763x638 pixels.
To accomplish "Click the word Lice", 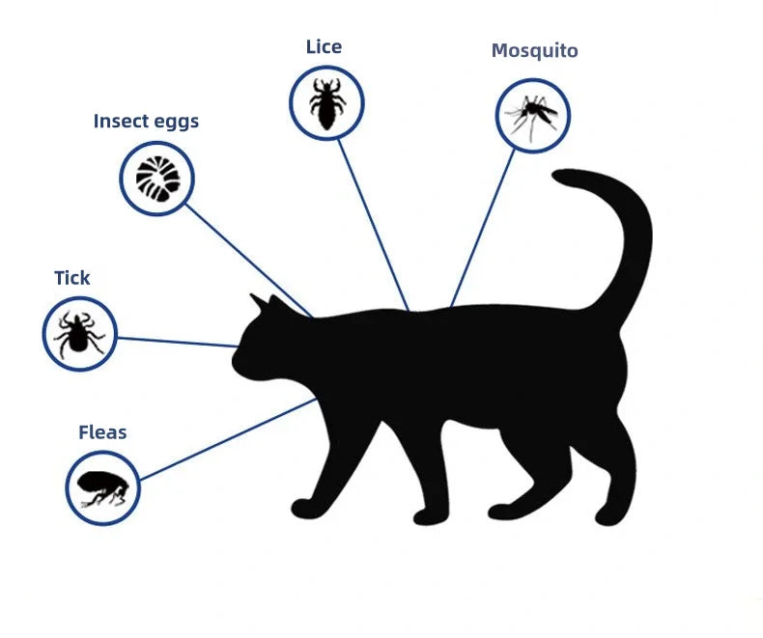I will coord(324,46).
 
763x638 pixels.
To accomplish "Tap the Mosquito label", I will coord(534,50).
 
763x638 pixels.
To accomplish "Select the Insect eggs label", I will coord(146,121).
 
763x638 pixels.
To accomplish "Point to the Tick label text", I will coord(71,278).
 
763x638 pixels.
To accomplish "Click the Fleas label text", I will coord(102,432).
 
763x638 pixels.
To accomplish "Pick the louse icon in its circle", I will coord(326,102).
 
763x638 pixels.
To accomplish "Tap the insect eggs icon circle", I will coord(156,178).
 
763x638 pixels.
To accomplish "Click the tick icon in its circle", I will coord(79,334).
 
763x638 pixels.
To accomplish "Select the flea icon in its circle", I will coord(102,487).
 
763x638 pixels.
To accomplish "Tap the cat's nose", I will coord(234,360).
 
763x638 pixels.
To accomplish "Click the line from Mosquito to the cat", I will coord(483,228).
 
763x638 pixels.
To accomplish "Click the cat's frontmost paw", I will coord(303,507).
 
